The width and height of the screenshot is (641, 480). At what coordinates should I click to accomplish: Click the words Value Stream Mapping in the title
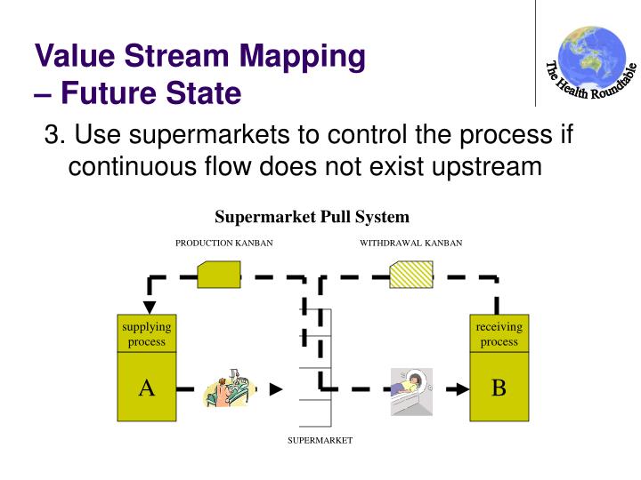pos(200,56)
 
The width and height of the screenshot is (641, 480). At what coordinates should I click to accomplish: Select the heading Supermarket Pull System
pos(312,217)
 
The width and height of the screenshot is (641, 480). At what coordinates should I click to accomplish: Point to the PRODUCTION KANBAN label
pos(223,243)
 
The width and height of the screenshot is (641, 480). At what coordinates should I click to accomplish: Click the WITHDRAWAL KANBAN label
pos(410,243)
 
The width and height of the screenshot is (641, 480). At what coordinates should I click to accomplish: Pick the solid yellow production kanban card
pos(218,275)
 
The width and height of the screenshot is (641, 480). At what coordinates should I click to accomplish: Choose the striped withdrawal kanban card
pos(411,275)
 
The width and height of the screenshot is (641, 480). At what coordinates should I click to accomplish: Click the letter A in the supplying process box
pos(147,388)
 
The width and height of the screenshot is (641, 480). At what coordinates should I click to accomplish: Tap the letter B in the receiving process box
pos(499,388)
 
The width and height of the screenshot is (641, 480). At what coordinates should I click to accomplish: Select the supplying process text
pos(147,334)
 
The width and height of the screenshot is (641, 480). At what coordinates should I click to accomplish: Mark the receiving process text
pos(499,334)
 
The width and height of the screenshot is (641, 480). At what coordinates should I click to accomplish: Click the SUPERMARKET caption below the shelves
pos(320,440)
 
